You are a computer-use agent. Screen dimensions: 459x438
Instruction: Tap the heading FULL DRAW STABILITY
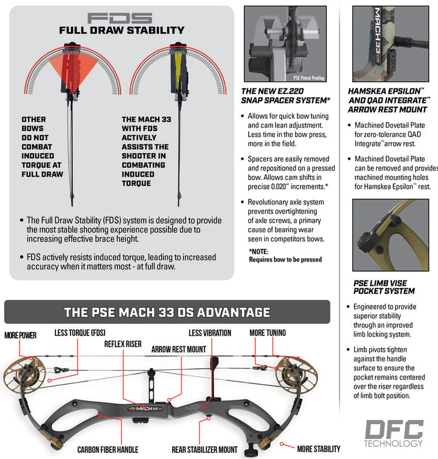[121, 30]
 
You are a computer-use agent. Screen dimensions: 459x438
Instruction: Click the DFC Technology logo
[393, 433]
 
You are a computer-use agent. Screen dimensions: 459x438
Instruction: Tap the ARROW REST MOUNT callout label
[178, 349]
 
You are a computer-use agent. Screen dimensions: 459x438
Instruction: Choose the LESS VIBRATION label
[210, 333]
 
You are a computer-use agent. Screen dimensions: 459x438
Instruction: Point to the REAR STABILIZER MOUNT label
[203, 450]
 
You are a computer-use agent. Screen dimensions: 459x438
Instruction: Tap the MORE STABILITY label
[319, 449]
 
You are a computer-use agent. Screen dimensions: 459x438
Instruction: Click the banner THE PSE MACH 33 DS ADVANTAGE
[167, 312]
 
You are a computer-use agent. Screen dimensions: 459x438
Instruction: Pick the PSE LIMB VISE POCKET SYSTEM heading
[384, 287]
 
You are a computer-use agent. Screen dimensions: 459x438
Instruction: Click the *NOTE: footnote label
[260, 251]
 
